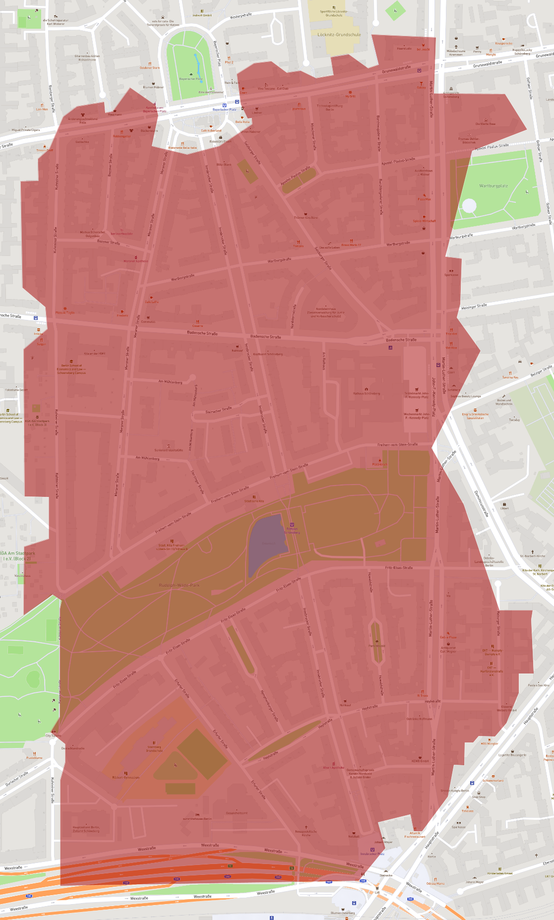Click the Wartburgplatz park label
pos(493,186)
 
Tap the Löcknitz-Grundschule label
pos(339,35)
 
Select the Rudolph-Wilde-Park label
pos(179,585)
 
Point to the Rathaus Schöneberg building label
pos(367,393)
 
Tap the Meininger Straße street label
pos(474,307)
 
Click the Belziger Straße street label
pos(541,370)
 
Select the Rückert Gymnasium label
pos(125,777)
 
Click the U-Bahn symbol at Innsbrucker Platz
pos(372,850)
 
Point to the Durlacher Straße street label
pos(17,779)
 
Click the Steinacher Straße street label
pos(219,410)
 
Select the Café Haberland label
pos(211,130)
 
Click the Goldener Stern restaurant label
pos(149,67)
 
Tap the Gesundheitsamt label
pos(237,813)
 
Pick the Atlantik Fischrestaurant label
pos(415,835)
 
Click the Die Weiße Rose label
pos(485,123)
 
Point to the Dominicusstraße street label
pos(481,503)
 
